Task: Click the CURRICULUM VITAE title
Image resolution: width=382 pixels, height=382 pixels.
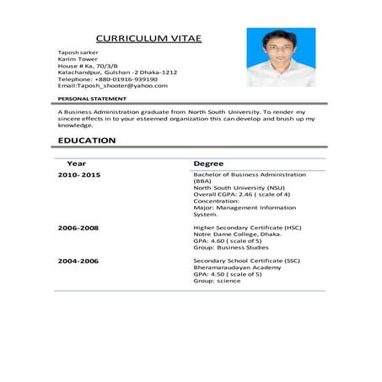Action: click(148, 39)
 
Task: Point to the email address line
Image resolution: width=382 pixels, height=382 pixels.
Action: click(112, 86)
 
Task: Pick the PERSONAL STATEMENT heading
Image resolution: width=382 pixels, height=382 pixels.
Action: click(94, 100)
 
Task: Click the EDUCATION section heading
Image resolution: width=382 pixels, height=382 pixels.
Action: click(93, 140)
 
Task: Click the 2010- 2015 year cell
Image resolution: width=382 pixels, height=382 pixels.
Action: click(79, 175)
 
